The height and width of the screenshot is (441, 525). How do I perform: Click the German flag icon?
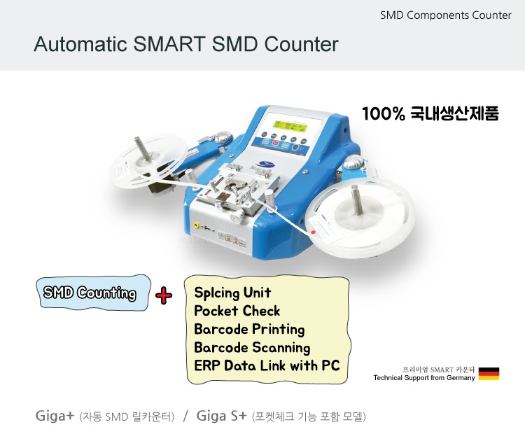coord(489,373)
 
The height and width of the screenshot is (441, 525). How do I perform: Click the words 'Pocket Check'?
coord(237,311)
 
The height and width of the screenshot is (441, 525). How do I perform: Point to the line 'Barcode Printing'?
coord(249,329)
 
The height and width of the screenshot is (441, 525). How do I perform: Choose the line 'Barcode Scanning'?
coord(252,347)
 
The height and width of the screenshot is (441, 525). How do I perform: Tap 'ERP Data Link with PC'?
coord(267,365)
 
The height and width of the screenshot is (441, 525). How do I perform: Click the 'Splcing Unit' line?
coord(232,293)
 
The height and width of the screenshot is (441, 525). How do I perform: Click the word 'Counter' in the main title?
coord(297,45)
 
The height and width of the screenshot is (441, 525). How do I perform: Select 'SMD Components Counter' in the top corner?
coord(446,15)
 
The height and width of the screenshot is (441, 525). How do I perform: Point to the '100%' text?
coord(384,113)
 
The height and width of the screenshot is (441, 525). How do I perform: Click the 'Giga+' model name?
coord(55,416)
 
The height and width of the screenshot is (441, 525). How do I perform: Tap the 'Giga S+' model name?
coord(222,416)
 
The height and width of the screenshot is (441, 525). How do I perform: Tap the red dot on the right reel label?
coord(315,229)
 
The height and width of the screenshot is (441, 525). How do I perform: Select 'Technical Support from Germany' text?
coord(424,378)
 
